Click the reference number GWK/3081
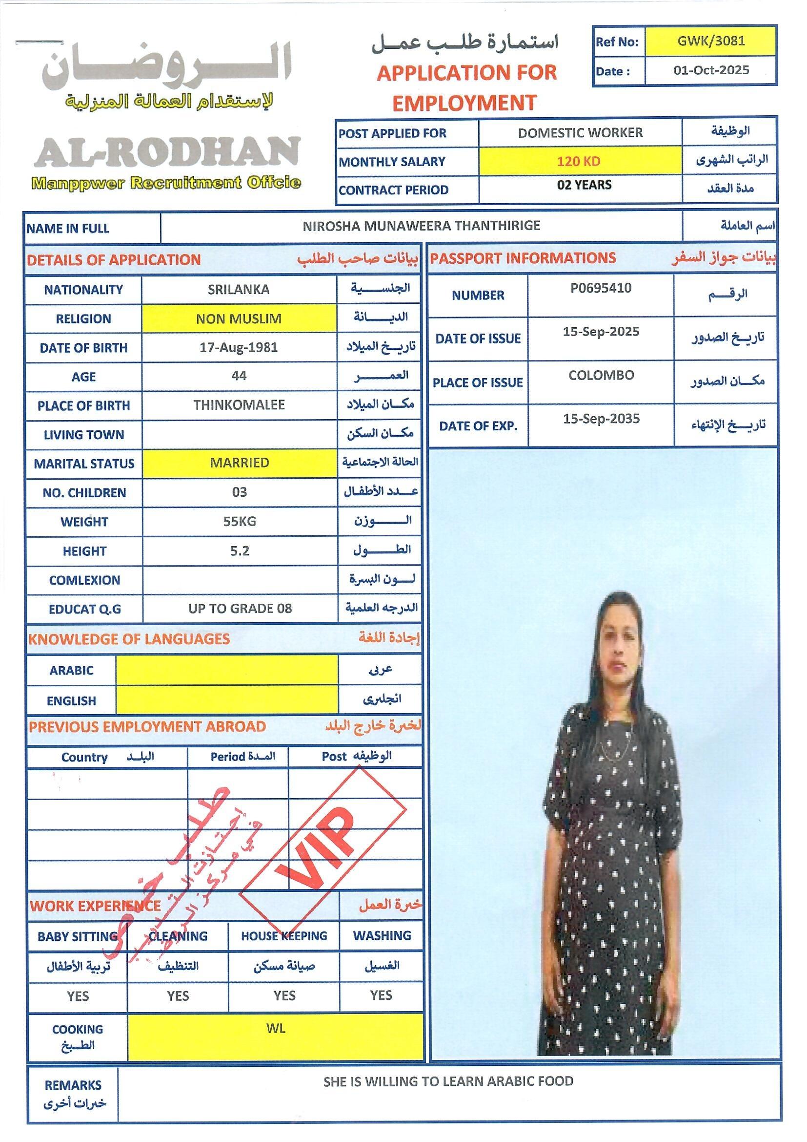(710, 41)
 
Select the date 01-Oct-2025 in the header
(710, 70)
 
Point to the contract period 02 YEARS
(584, 185)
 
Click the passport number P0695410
(600, 288)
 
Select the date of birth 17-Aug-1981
(239, 347)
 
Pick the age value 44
(239, 376)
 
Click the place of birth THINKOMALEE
(239, 405)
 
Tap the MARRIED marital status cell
(239, 463)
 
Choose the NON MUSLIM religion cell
(239, 318)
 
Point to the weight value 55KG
(240, 521)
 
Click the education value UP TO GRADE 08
(240, 608)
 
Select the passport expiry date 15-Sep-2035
(601, 419)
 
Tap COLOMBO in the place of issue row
(601, 375)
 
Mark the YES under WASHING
(381, 995)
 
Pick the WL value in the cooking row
(276, 1029)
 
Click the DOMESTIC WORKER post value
(580, 133)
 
